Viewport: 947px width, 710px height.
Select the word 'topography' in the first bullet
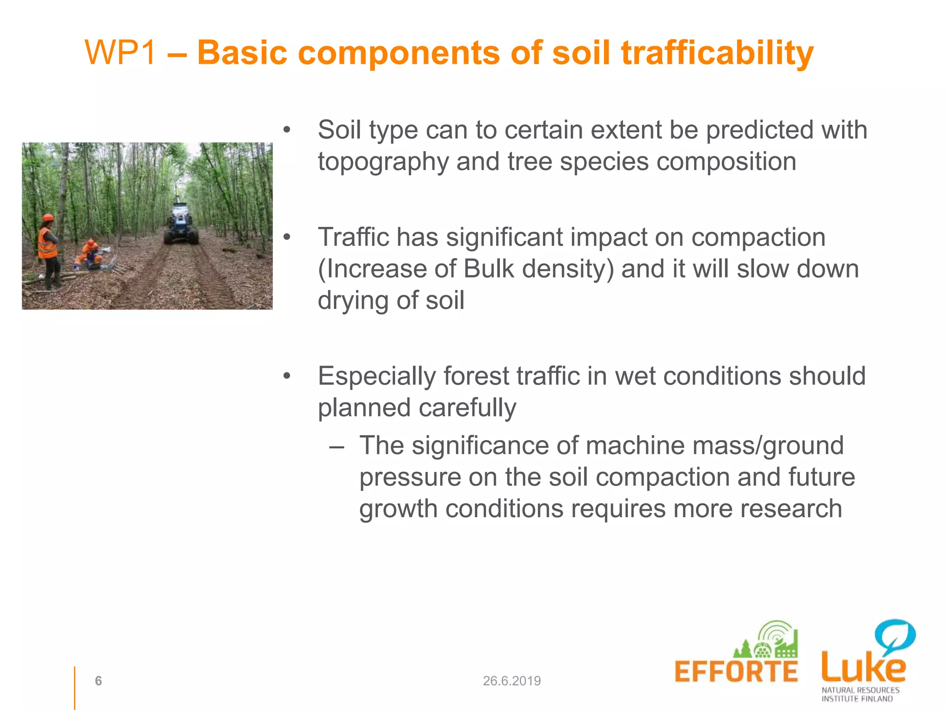(383, 163)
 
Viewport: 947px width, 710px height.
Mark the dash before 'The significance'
(336, 447)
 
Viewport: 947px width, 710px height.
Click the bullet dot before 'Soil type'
(287, 130)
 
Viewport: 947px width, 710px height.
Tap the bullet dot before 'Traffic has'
(287, 238)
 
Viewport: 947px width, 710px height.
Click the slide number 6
(98, 680)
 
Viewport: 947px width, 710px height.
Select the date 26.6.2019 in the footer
(511, 681)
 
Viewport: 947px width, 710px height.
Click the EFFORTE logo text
(736, 672)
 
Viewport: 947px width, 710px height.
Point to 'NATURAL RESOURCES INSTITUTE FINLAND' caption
(860, 694)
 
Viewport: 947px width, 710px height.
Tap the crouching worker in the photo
(90, 255)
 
